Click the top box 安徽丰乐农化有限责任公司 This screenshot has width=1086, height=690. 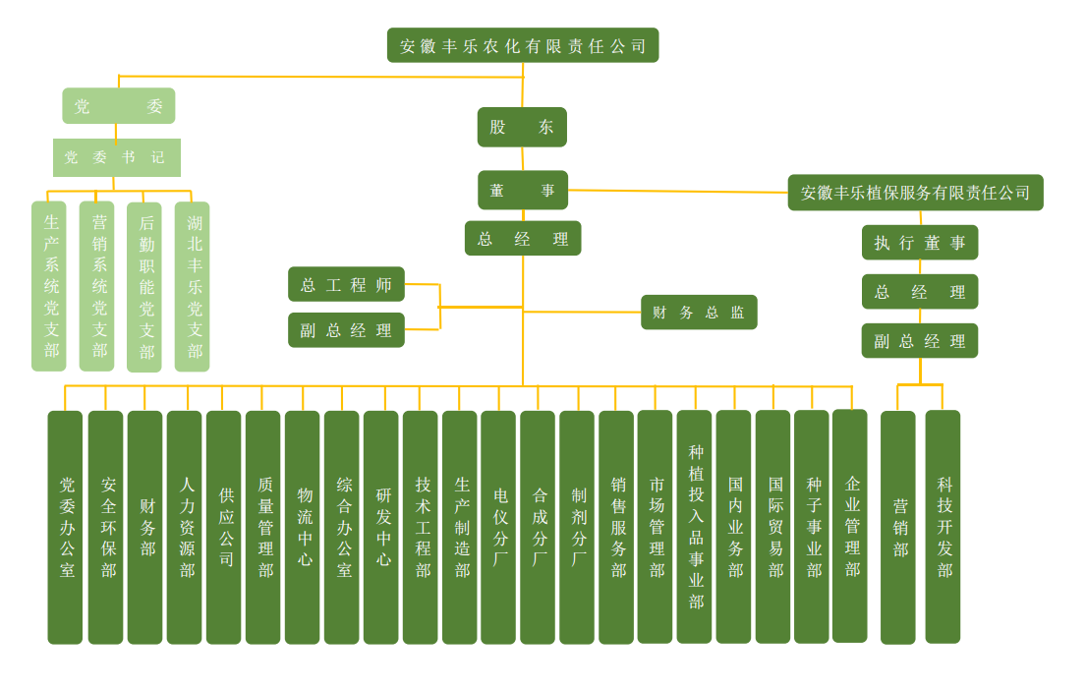(x=523, y=45)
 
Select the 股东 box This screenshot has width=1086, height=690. (x=522, y=127)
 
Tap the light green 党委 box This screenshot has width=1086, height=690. (x=118, y=106)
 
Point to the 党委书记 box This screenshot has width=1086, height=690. (x=116, y=157)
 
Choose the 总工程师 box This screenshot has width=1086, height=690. (x=346, y=284)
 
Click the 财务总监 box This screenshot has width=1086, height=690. (x=699, y=312)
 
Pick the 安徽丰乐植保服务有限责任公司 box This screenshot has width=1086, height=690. (x=915, y=193)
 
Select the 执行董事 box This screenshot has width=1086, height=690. (x=920, y=243)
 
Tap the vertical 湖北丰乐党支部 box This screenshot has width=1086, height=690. (x=193, y=286)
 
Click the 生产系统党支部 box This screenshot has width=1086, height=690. (x=49, y=286)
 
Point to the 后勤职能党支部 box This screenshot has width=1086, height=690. (x=144, y=286)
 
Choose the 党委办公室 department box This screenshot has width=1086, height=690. (x=66, y=527)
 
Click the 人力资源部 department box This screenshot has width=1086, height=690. (x=185, y=527)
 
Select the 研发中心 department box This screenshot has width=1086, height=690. (x=381, y=527)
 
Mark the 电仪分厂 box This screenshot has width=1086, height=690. (x=498, y=527)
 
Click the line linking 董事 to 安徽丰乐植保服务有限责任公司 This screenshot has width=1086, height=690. (x=678, y=192)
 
